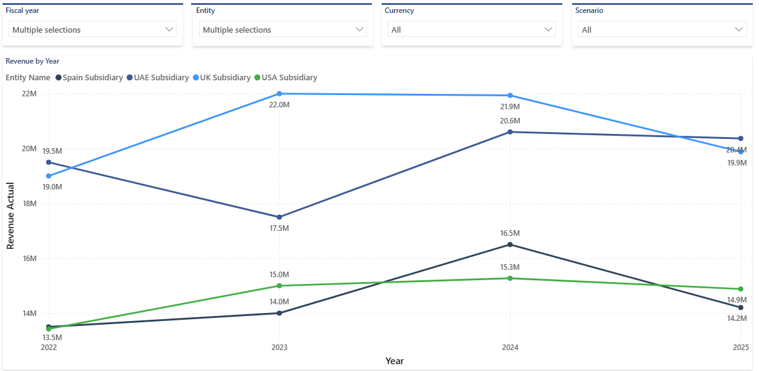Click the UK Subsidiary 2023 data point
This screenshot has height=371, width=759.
(x=279, y=94)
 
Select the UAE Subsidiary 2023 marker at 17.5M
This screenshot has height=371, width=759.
(x=279, y=217)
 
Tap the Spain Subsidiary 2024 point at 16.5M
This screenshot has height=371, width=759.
(x=510, y=244)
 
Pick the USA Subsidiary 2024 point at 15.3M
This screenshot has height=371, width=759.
(x=510, y=278)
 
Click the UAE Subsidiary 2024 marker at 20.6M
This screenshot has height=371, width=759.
(x=510, y=132)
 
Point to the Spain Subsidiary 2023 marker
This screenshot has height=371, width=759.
(x=279, y=313)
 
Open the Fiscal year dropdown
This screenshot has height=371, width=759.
(x=93, y=30)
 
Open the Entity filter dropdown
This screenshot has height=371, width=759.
(x=283, y=30)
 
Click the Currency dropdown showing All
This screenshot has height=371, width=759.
(x=472, y=30)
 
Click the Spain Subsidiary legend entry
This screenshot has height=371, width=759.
(x=89, y=78)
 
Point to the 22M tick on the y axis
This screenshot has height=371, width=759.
(x=28, y=94)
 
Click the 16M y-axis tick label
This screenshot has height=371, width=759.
(x=28, y=259)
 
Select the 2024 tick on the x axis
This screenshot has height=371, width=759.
(x=510, y=348)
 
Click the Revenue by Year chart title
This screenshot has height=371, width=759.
(x=32, y=61)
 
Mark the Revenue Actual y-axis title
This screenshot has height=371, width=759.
(x=10, y=215)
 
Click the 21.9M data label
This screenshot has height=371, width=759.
(x=510, y=107)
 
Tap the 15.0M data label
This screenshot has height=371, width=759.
(x=279, y=275)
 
